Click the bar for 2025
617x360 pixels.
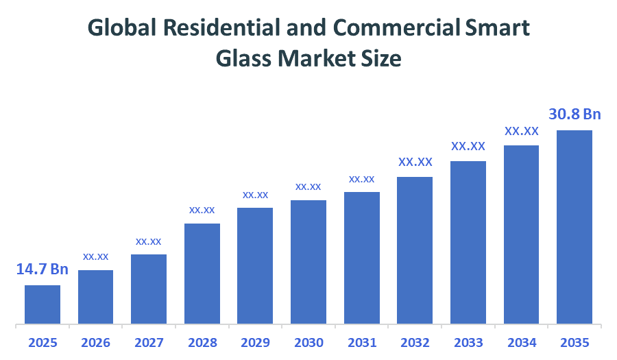[x=43, y=304]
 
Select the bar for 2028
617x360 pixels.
[x=202, y=274]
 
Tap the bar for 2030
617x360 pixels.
[x=308, y=262]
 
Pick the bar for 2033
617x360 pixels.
[x=468, y=242]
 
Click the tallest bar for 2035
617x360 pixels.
[x=574, y=227]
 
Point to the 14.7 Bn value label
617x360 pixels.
[x=43, y=269]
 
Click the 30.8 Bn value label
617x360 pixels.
[x=574, y=114]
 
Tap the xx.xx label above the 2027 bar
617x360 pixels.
[x=149, y=241]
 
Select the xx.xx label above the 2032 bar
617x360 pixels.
[x=415, y=163]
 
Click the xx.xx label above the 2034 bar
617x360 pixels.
[x=522, y=131]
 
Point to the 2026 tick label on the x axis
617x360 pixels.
[x=96, y=342]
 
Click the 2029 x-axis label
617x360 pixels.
[x=255, y=342]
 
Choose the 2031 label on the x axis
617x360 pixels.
[x=361, y=342]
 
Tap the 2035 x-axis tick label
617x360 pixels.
[x=574, y=342]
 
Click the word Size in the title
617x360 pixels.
[x=381, y=59]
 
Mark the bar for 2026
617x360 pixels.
[x=96, y=297]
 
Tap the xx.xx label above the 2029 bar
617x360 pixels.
[x=255, y=195]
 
